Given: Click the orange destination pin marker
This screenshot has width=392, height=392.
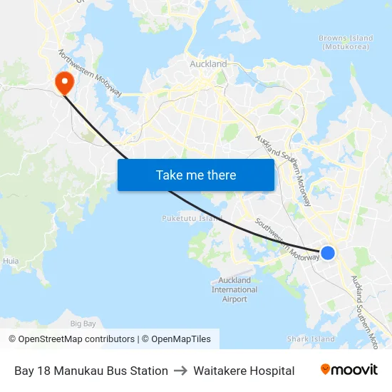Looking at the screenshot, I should (x=64, y=81).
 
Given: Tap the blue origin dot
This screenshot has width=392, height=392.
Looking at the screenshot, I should (x=328, y=252).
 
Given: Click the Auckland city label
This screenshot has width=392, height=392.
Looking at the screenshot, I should (x=208, y=64).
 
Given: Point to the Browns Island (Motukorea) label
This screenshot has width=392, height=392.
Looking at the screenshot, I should (x=346, y=42).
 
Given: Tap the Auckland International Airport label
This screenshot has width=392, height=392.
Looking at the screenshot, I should (x=234, y=289).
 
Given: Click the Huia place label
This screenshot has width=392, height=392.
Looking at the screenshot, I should (x=11, y=262).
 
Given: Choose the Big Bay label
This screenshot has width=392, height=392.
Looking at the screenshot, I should (x=83, y=324).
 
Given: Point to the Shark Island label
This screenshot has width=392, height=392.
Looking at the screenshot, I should (x=310, y=339).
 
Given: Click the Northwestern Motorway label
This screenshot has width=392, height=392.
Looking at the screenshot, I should (x=91, y=73).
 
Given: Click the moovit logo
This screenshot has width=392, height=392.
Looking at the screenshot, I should (x=349, y=370).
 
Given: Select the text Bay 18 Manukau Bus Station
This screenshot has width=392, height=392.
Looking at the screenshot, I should (x=91, y=371).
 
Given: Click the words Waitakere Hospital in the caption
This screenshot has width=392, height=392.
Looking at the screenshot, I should (x=244, y=371).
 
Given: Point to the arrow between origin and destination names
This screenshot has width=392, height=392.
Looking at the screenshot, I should (x=180, y=371).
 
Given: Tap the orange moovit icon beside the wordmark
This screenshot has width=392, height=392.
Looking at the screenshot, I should (x=326, y=369).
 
